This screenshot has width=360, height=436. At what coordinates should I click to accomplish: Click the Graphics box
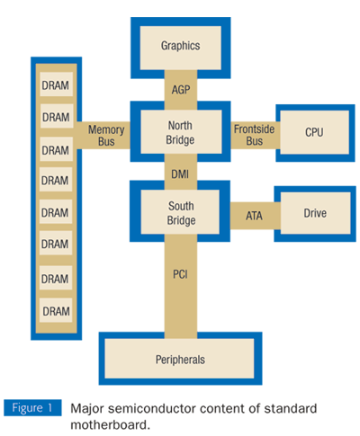point(180,46)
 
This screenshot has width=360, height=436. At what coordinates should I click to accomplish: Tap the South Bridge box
point(180,213)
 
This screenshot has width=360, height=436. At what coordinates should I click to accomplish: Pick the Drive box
point(314,213)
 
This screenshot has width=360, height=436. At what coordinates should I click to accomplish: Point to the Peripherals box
point(180,359)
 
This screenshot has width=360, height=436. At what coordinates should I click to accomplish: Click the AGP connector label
point(180,89)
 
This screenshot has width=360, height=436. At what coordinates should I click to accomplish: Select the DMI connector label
point(180,173)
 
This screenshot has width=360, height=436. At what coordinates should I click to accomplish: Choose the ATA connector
point(254,215)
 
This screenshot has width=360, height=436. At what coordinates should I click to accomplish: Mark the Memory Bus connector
point(105,135)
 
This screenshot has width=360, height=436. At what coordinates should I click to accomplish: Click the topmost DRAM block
point(56,85)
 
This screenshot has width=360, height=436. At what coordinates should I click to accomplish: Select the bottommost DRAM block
point(56,311)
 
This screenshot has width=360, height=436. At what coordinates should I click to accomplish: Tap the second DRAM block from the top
point(56,117)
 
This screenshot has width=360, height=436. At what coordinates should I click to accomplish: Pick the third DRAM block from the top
point(56,149)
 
